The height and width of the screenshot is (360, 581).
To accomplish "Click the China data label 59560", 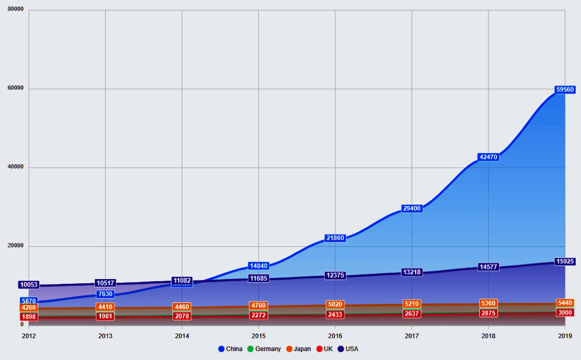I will coord(565,89).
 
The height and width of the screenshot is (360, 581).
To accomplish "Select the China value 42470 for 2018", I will coord(488,157).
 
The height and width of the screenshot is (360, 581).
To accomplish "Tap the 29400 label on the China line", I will coord(412,209).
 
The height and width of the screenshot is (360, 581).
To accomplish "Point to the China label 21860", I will coord(335,238).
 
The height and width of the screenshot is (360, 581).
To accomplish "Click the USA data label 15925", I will coord(565,262).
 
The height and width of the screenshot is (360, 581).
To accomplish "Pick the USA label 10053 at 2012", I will coord(29,285).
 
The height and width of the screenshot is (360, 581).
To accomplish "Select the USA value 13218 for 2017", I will coord(412,272).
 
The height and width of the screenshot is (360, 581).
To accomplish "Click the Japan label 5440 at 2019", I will coord(565,303).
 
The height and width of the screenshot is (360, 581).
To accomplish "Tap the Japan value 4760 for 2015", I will coord(259,305).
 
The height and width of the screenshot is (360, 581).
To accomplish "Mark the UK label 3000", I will coord(565,312).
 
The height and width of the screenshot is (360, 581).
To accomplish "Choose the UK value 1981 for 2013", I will coord(105,317).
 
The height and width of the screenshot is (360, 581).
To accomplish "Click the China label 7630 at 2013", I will coord(105,294).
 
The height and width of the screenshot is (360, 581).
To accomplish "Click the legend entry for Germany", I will coord(264,349).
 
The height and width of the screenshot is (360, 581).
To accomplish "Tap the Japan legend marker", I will coord(290,349).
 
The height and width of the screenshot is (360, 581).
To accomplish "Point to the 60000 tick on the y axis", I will coord(16,88).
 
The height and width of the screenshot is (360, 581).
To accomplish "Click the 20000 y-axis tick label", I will coord(16,246).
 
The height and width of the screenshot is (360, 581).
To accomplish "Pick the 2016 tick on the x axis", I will coord(335,336).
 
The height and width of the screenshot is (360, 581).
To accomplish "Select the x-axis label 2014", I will coord(182,336).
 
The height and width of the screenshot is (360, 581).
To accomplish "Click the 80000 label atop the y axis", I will coord(16,10).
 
